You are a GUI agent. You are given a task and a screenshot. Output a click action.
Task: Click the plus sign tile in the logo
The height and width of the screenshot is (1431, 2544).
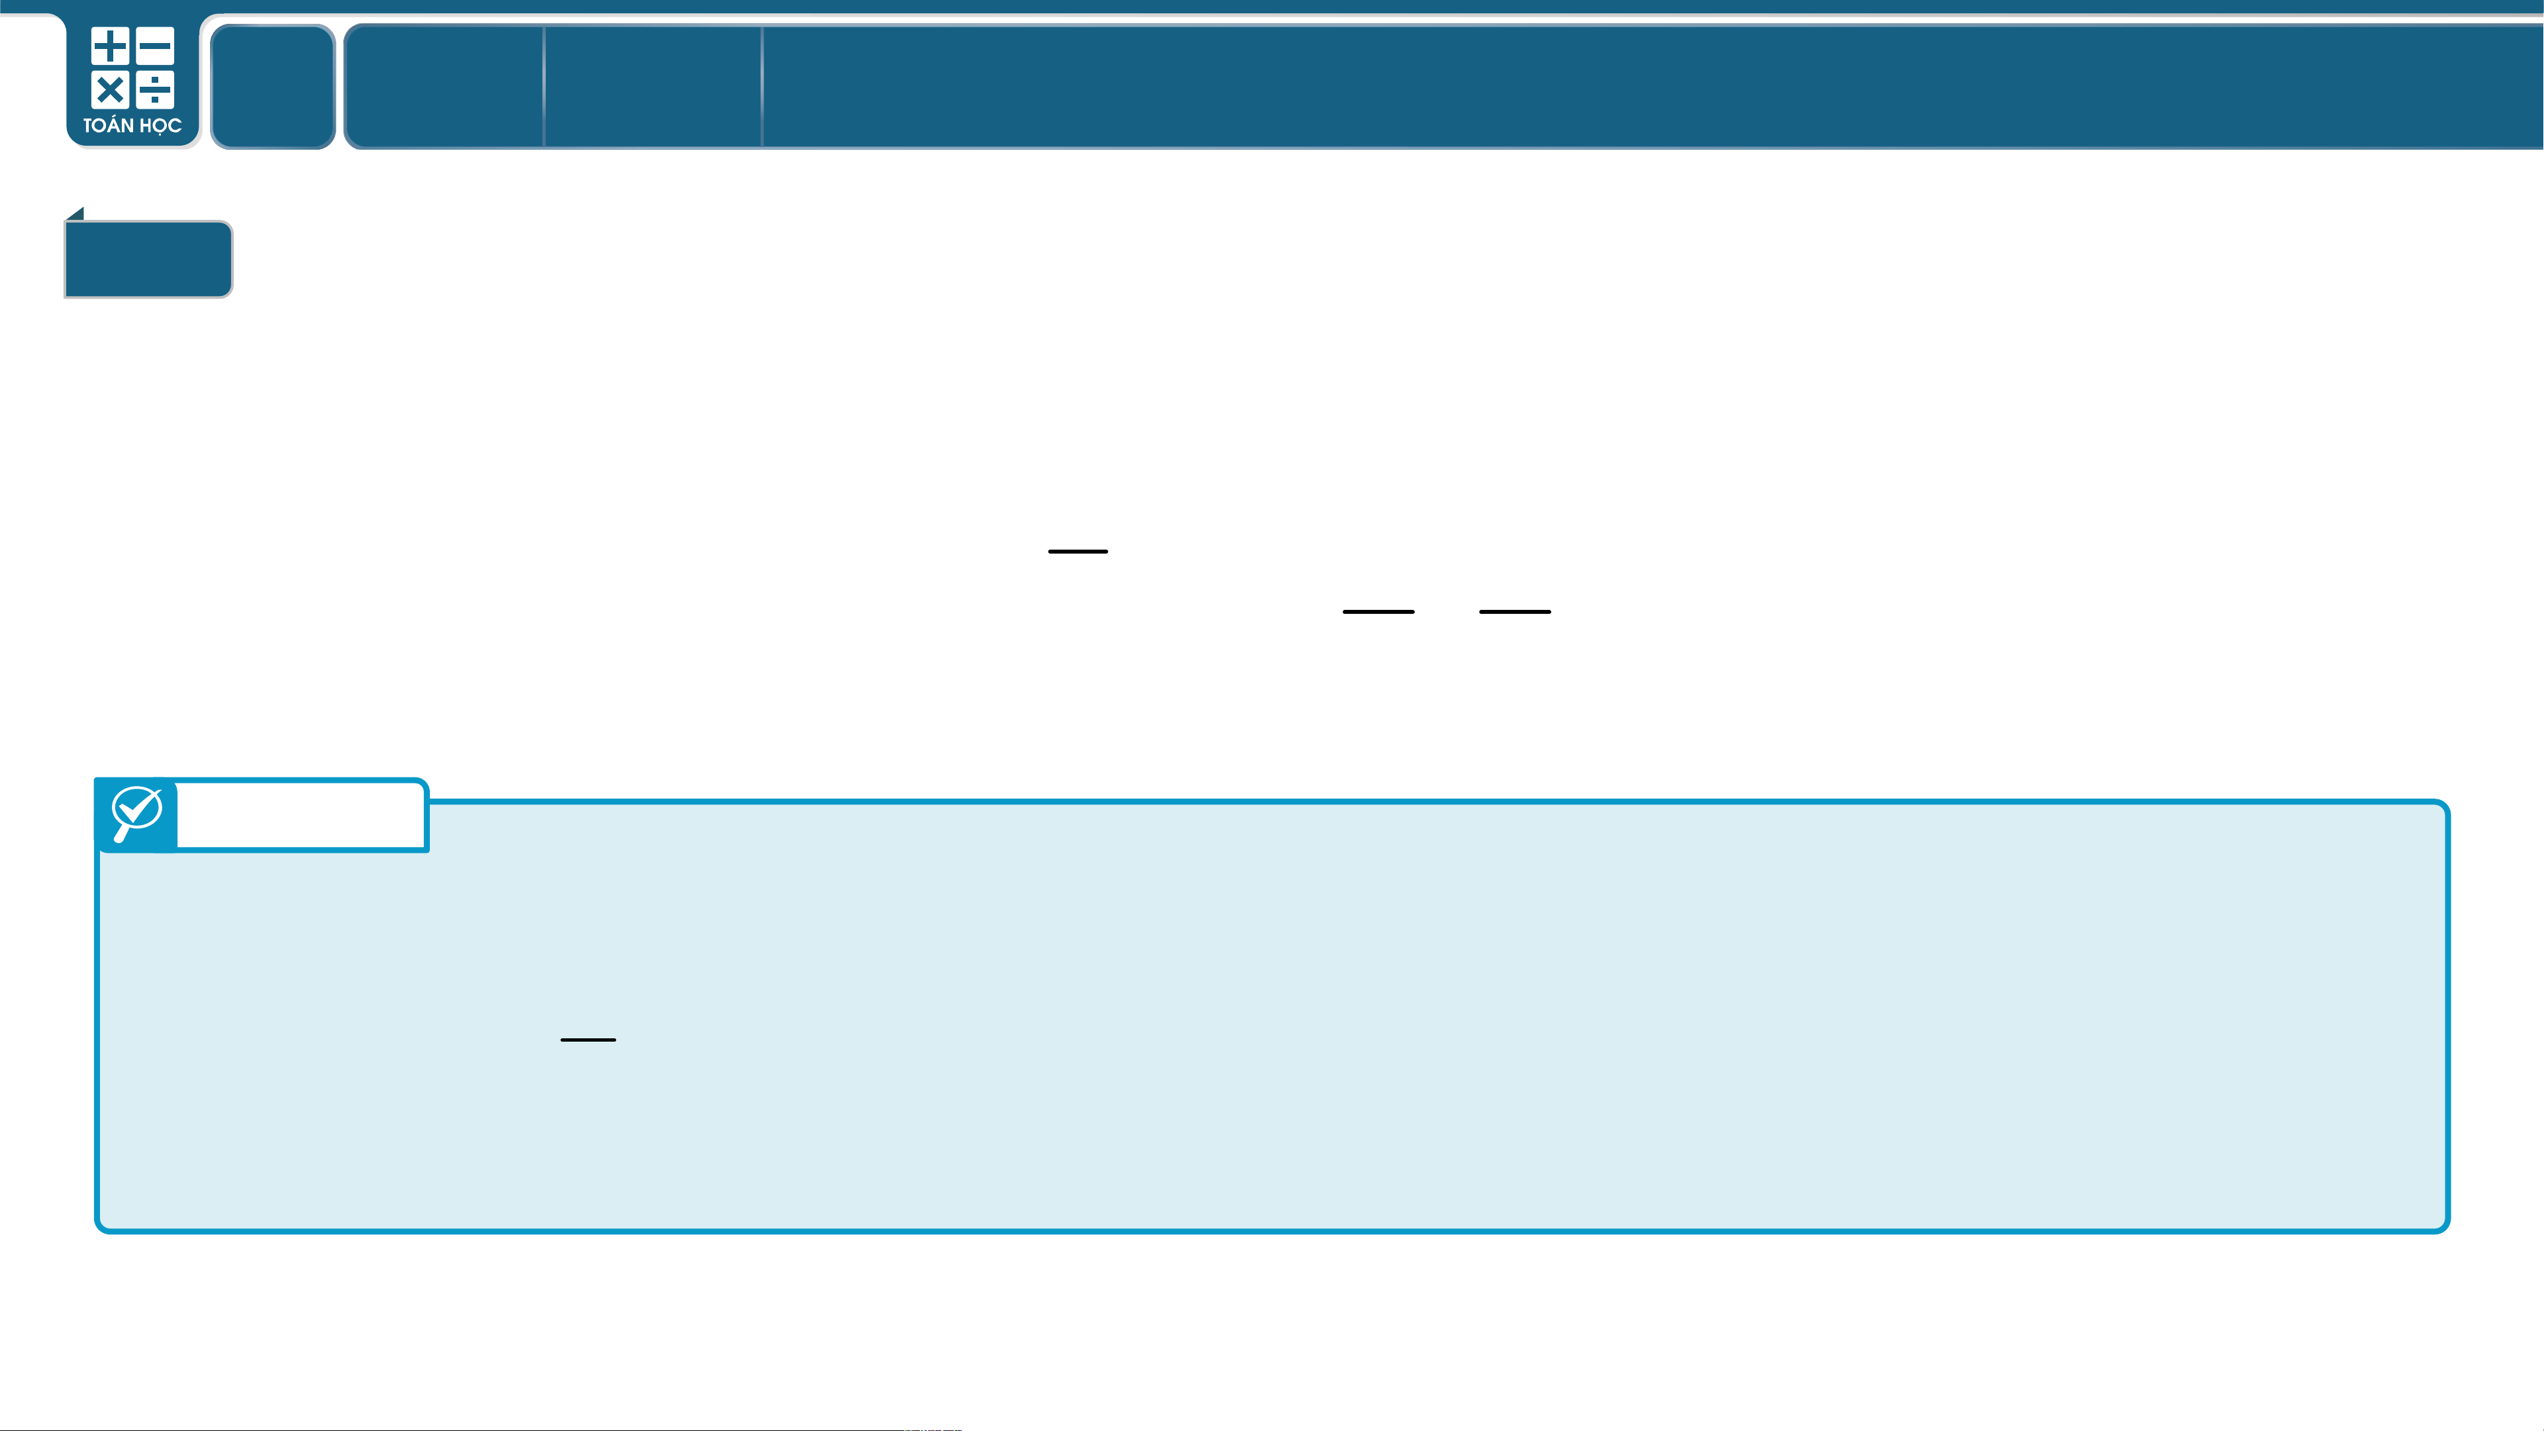click(110, 46)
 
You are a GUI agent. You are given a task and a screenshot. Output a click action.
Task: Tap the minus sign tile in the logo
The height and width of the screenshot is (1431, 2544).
click(155, 46)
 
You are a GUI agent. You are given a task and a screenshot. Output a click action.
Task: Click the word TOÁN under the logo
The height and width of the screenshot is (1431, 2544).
click(108, 125)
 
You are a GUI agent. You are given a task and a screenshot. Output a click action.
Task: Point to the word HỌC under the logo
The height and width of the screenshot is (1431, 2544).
click(160, 125)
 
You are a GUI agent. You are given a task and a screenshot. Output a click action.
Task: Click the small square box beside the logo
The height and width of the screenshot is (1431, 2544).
click(273, 87)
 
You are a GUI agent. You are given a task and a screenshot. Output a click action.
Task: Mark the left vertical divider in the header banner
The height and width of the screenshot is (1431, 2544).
click(544, 87)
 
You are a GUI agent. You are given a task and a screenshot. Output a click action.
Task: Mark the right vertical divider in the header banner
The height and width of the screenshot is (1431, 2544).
click(762, 87)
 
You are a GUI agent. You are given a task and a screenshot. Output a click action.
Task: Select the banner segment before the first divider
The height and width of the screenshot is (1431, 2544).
click(443, 87)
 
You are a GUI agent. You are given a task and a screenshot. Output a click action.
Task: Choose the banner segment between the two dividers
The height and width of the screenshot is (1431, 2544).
click(653, 87)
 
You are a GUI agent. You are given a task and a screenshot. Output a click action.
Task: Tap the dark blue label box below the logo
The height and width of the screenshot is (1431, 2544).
click(148, 259)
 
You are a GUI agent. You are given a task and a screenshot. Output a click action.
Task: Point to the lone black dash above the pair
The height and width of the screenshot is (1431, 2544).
click(1078, 551)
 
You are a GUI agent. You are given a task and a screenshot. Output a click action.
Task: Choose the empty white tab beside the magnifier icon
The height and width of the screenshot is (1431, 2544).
click(301, 814)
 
